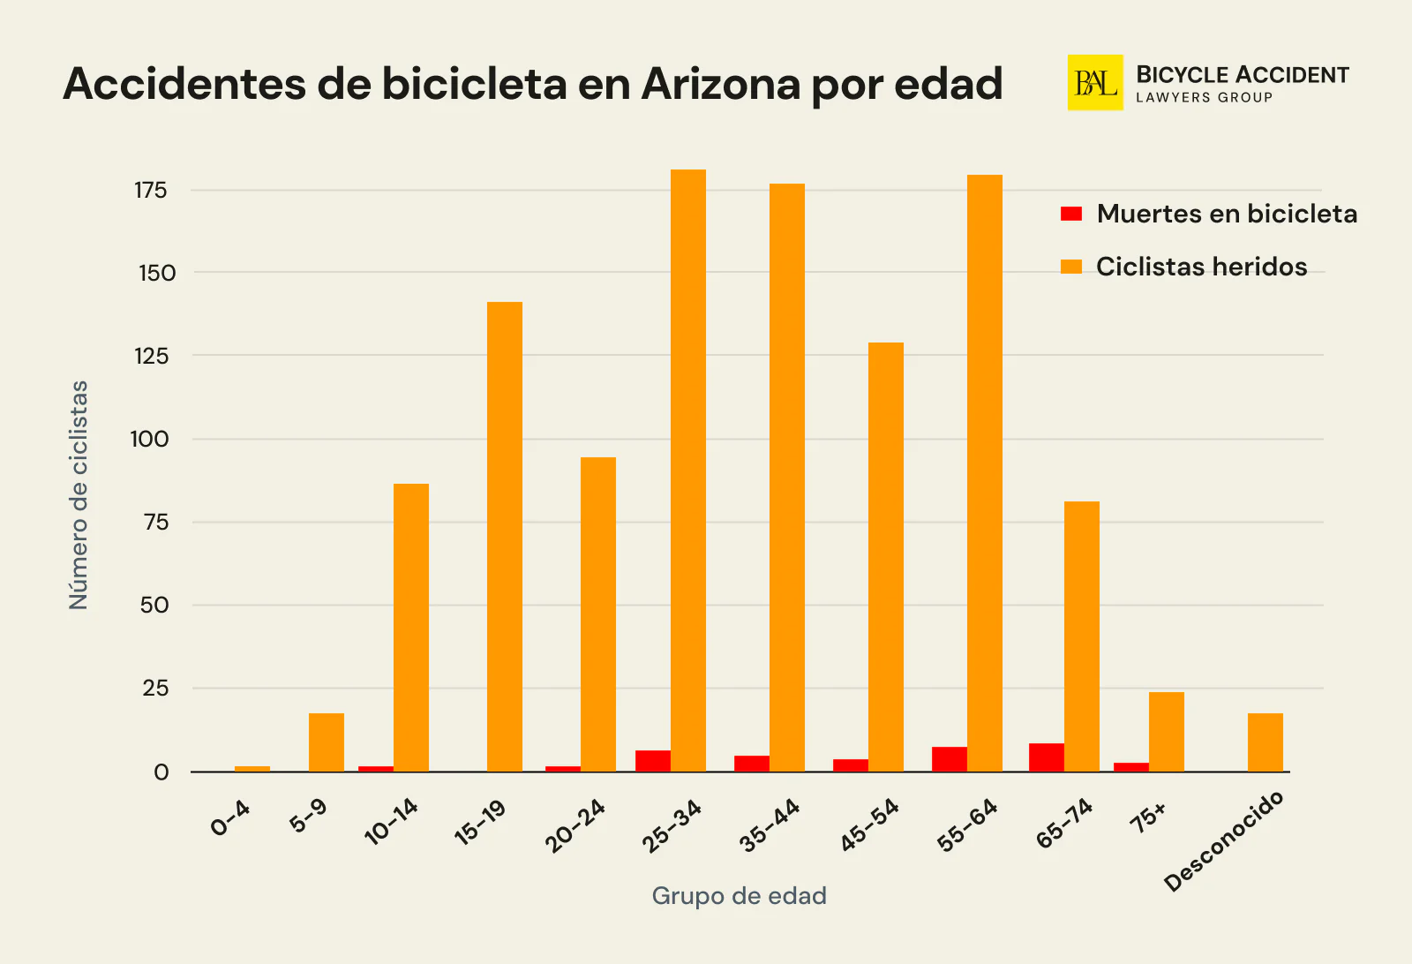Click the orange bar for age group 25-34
[x=688, y=471]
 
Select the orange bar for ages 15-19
[x=505, y=537]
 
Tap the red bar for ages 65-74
[x=1047, y=757]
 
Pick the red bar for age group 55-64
[x=950, y=759]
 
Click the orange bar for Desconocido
[x=1266, y=742]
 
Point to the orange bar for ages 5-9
[x=327, y=742]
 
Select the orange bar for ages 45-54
[x=886, y=557]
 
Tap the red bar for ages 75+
[x=1131, y=766]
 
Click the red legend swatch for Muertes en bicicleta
[x=1071, y=214]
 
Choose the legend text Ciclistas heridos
[x=1201, y=267]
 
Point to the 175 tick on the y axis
[x=151, y=190]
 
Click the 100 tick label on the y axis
[x=149, y=439]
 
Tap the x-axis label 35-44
[x=770, y=825]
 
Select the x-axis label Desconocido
[x=1224, y=841]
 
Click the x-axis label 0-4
[x=230, y=817]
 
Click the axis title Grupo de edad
[x=739, y=895]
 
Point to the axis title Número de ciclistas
[x=79, y=494]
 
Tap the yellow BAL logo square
[x=1095, y=83]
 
